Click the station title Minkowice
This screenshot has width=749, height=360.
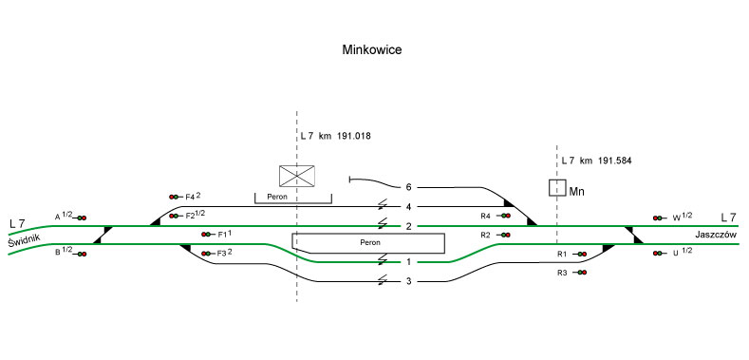(x=371, y=49)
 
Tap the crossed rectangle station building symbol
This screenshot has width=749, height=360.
(x=296, y=176)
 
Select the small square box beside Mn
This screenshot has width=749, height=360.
(x=557, y=187)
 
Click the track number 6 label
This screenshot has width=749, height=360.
(x=408, y=187)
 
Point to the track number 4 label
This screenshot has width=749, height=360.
(x=408, y=206)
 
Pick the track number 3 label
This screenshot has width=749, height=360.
(x=408, y=281)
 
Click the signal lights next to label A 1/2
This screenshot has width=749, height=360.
(x=82, y=218)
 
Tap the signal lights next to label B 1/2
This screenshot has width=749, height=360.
(x=82, y=254)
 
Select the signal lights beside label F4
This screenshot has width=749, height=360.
(x=174, y=197)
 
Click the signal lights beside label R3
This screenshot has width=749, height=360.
(x=582, y=273)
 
